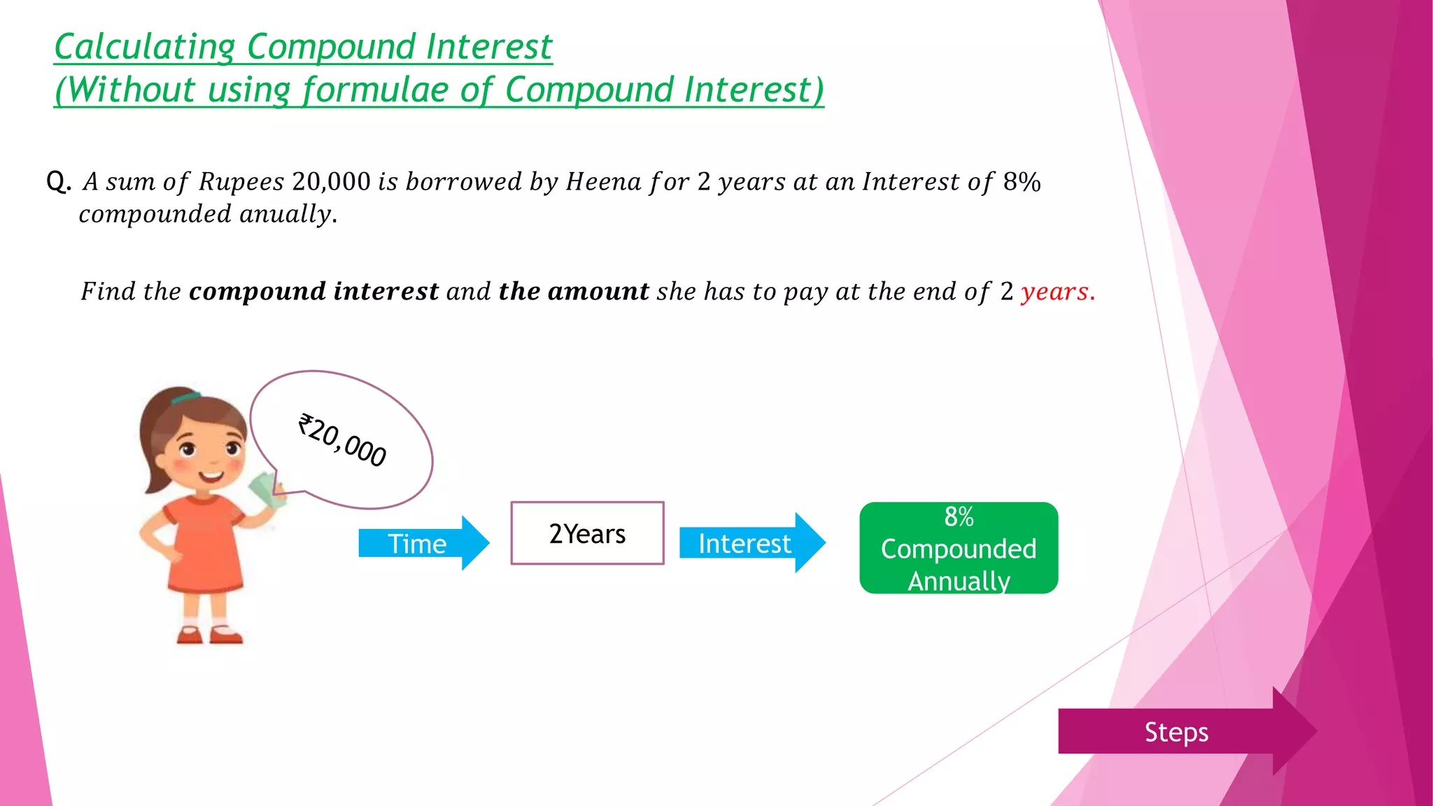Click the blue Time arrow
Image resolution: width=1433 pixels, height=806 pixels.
420,543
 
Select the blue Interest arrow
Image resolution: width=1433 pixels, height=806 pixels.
749,543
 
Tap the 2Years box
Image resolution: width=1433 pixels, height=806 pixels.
587,533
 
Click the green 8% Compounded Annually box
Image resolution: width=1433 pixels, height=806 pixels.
958,548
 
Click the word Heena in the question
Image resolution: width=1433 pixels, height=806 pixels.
603,182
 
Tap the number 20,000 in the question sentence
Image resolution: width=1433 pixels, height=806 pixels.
332,182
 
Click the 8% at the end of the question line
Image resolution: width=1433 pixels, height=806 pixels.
1022,182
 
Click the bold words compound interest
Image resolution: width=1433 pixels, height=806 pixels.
313,291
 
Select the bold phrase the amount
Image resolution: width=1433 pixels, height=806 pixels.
574,291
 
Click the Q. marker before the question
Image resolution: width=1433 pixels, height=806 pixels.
59,182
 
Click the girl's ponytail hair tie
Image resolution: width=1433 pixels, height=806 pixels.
185,398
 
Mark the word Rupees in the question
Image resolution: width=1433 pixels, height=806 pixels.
241,182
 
